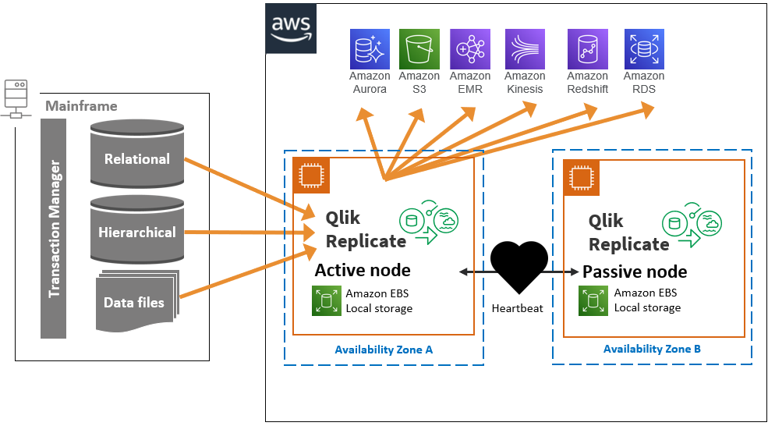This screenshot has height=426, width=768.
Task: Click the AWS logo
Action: pyautogui.click(x=290, y=29)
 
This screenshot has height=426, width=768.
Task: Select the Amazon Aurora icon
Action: pyautogui.click(x=369, y=49)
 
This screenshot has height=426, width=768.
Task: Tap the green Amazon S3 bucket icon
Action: pyautogui.click(x=419, y=49)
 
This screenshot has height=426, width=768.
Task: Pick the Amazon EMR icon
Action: pyautogui.click(x=469, y=49)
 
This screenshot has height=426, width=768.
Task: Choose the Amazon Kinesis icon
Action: pyautogui.click(x=525, y=49)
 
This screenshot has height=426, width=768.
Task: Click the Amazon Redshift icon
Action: pyautogui.click(x=587, y=49)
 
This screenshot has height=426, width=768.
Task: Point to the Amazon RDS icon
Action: pyautogui.click(x=643, y=49)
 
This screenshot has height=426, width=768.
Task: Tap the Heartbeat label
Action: pyautogui.click(x=518, y=308)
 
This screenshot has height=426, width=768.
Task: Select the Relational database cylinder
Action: pyautogui.click(x=137, y=155)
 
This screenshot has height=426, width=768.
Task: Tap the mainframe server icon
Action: pyautogui.click(x=16, y=98)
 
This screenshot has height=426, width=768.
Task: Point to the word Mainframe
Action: pyautogui.click(x=81, y=106)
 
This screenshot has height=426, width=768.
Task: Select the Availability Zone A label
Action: pyautogui.click(x=384, y=350)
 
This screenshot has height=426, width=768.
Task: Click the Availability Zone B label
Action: pyautogui.click(x=652, y=349)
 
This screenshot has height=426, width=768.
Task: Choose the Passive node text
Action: pyautogui.click(x=635, y=272)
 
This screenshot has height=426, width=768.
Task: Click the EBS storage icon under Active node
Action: pyautogui.click(x=326, y=300)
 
